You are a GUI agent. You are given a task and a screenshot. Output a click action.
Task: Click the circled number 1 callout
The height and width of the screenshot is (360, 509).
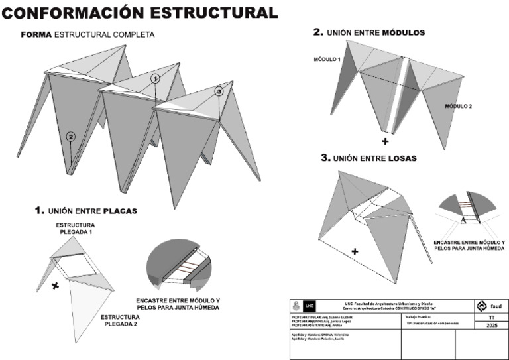(x=155, y=78)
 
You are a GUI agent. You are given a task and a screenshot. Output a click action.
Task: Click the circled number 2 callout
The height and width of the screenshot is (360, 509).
(x=71, y=137)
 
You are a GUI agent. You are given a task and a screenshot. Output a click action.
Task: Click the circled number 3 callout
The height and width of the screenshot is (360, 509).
(x=219, y=91)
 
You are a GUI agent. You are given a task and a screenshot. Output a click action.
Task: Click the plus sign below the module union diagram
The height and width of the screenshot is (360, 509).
(x=385, y=141)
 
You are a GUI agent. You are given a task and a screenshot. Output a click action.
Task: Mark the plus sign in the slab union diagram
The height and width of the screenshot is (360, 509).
(x=355, y=251)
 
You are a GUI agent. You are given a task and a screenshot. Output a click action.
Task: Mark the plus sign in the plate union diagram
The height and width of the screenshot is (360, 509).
(x=56, y=286)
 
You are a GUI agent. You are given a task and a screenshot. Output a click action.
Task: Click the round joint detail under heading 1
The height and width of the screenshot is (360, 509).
(x=178, y=269)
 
